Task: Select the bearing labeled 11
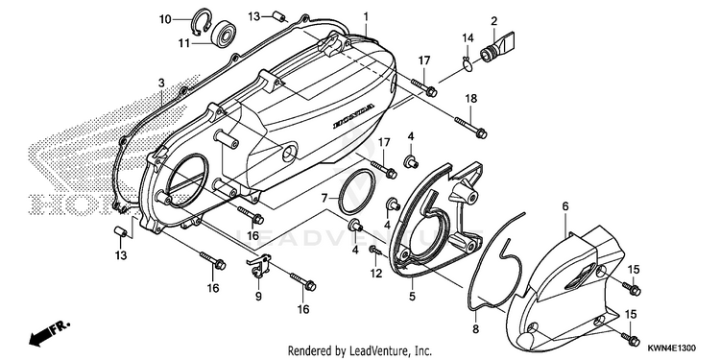(223, 33)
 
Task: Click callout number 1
(366, 16)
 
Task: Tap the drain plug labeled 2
(497, 45)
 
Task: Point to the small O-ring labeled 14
(467, 65)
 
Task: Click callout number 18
(470, 99)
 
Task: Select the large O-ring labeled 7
(356, 191)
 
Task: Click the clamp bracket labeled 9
(258, 266)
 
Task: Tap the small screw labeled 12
(375, 251)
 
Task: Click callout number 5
(412, 297)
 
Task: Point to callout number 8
(475, 328)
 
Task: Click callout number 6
(565, 206)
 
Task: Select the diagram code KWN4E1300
(672, 348)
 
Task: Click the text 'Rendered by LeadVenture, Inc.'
(360, 351)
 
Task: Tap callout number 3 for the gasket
(161, 84)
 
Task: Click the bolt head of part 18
(481, 133)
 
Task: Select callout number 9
(258, 297)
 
